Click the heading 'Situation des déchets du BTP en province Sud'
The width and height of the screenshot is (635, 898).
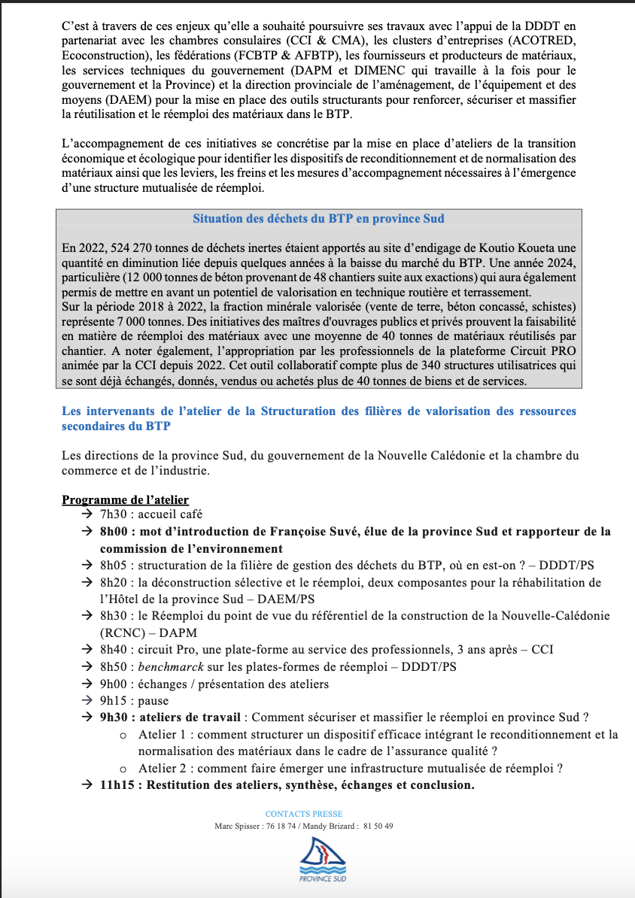pyautogui.click(x=318, y=219)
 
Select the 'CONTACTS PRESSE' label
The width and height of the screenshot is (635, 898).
pyautogui.click(x=304, y=814)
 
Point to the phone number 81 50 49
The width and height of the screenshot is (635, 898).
pyautogui.click(x=377, y=826)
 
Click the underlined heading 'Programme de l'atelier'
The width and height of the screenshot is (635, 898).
pyautogui.click(x=125, y=499)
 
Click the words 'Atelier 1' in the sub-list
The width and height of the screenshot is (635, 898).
pyautogui.click(x=163, y=734)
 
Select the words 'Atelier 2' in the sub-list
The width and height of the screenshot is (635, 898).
pyautogui.click(x=163, y=768)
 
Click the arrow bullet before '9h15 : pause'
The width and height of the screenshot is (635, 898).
pyautogui.click(x=87, y=700)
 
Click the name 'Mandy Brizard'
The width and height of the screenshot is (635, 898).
pyautogui.click(x=327, y=826)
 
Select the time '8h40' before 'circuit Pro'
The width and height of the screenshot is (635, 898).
pyautogui.click(x=114, y=649)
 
